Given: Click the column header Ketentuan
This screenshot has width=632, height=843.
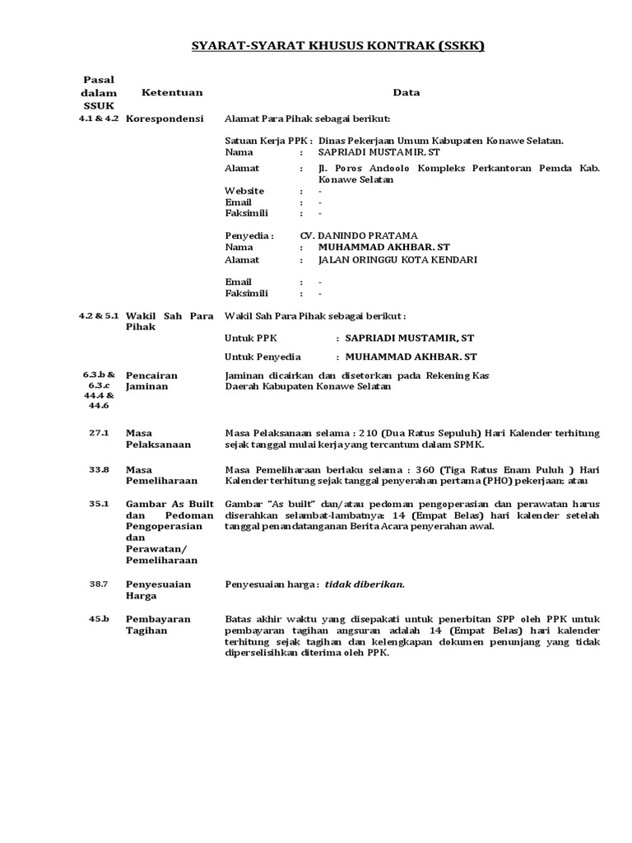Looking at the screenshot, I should pos(172,93).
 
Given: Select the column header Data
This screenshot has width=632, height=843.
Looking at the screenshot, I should pos(407,93).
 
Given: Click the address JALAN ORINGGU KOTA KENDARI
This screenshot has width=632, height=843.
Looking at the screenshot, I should pos(397,259).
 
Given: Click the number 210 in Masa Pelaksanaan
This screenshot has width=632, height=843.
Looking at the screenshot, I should pos(369,433).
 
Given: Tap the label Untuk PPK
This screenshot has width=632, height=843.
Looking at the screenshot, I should pos(246,338).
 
